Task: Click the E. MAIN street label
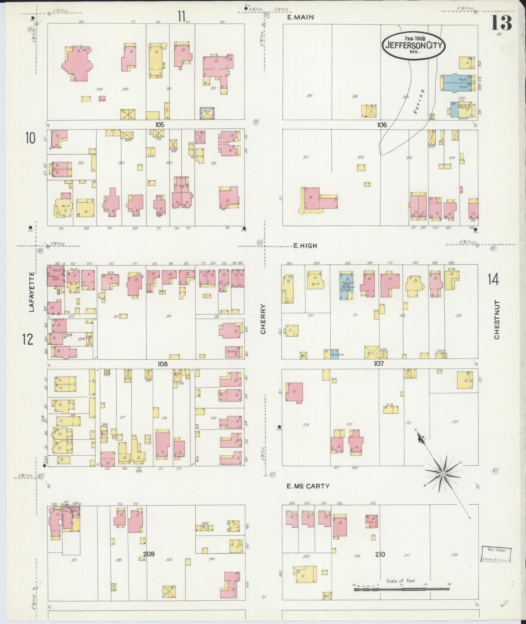(300, 17)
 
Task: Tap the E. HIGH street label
(305, 246)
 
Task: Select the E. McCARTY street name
(308, 486)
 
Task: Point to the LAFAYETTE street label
(32, 292)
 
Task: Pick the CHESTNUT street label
(497, 320)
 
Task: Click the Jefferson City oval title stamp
(414, 45)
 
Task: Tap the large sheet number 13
(502, 23)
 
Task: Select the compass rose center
(443, 473)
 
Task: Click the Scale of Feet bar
(401, 589)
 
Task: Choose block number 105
(159, 125)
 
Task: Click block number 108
(162, 364)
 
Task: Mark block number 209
(148, 554)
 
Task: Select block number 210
(380, 554)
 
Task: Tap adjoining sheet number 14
(493, 280)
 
